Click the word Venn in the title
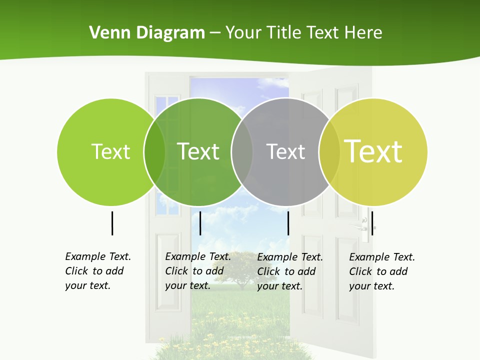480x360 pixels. click(107, 33)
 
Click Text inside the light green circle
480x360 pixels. click(110, 151)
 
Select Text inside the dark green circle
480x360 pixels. click(198, 151)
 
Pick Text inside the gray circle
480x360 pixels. click(285, 151)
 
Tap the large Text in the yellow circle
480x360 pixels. click(373, 151)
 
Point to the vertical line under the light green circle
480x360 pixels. click(112, 223)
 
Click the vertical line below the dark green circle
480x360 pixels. click(200, 223)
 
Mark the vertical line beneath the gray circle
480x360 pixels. click(288, 223)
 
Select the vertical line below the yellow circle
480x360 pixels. click(372, 223)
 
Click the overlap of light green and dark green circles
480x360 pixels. click(154, 151)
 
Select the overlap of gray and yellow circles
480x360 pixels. click(329, 151)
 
